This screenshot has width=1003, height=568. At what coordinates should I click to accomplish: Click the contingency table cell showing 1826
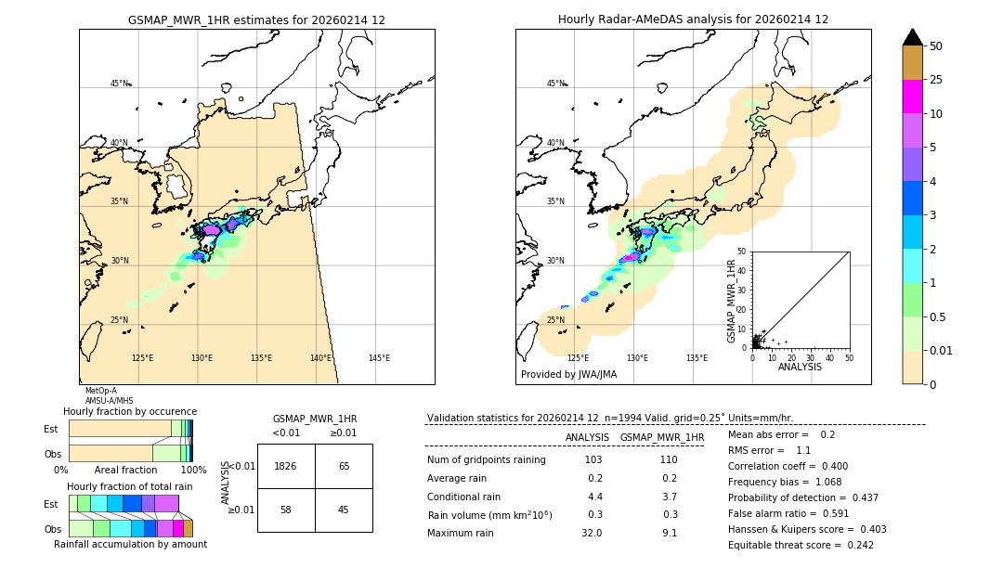click(x=286, y=466)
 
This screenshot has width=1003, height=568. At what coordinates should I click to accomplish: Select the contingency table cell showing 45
click(x=344, y=510)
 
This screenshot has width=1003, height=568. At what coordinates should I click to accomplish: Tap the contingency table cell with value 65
click(x=344, y=466)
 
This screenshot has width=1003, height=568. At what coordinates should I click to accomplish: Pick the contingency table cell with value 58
click(x=286, y=510)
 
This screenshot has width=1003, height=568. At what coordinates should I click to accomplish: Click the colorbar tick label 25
click(x=936, y=80)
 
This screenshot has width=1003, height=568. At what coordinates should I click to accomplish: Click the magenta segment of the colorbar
click(x=913, y=97)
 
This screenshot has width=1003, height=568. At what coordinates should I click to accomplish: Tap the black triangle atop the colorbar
click(x=913, y=37)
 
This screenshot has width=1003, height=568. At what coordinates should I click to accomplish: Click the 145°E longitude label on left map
click(x=379, y=358)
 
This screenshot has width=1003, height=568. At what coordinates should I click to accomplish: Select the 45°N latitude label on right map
click(x=555, y=84)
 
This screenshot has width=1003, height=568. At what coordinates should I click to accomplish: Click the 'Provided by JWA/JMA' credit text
click(x=568, y=374)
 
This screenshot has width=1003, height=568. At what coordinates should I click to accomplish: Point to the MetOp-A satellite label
click(x=100, y=391)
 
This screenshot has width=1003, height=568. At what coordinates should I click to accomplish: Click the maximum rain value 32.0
click(x=591, y=533)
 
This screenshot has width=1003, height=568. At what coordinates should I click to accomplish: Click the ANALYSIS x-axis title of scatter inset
click(x=800, y=367)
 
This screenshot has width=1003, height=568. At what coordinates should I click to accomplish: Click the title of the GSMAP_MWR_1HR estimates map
click(x=256, y=19)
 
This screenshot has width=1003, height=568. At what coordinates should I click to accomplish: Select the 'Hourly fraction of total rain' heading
click(x=129, y=486)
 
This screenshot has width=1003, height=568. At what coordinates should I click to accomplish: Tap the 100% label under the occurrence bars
click(x=192, y=471)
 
